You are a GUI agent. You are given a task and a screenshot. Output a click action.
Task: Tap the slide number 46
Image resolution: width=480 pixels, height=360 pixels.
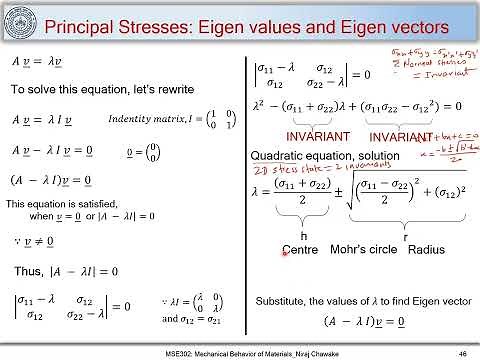[x=461, y=353]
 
